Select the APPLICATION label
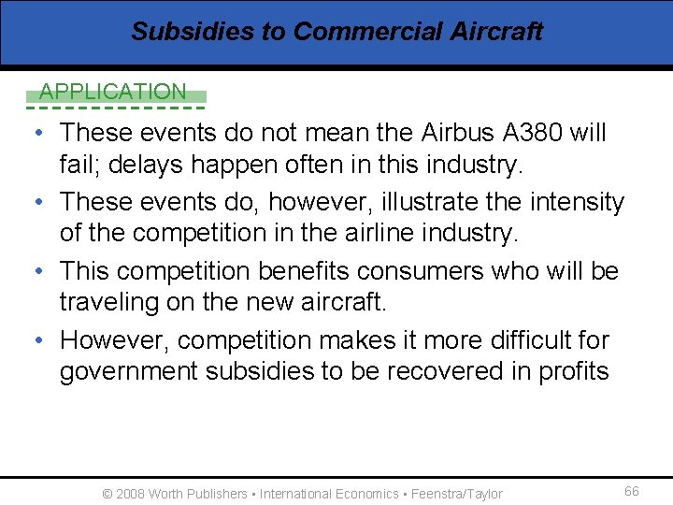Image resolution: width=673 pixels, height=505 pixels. (113, 92)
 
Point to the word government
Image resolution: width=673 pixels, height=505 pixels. (128, 372)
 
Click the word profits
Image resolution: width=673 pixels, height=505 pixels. (573, 372)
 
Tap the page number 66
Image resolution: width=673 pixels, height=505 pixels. (632, 492)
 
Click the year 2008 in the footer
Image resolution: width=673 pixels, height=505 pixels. (130, 494)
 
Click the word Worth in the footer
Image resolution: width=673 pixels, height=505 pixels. (166, 494)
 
